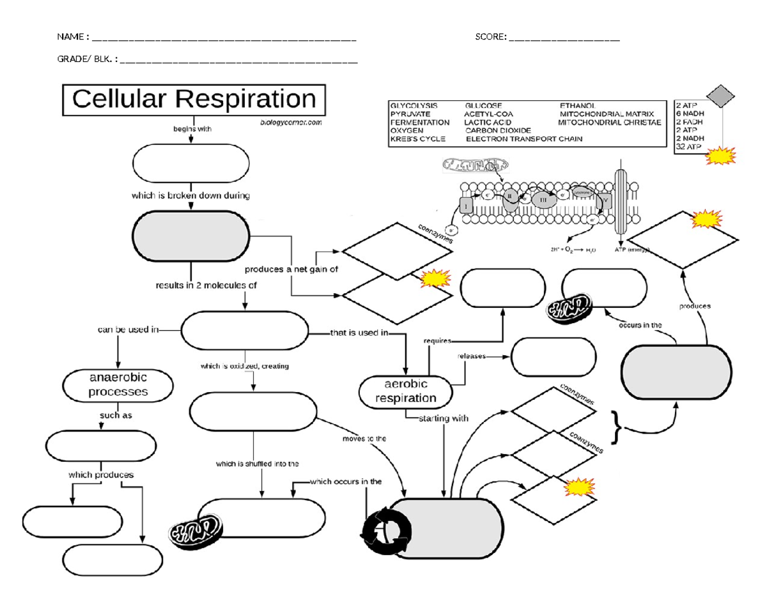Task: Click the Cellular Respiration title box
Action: click(193, 100)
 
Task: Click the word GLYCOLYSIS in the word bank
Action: click(414, 105)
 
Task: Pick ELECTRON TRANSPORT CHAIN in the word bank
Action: click(524, 139)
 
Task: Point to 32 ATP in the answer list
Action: click(688, 147)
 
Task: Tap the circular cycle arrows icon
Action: click(385, 529)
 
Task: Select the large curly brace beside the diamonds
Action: click(617, 427)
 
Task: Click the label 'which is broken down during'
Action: click(190, 196)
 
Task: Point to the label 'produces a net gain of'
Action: click(291, 269)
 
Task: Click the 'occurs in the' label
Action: click(640, 325)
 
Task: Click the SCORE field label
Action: click(491, 37)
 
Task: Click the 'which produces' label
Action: click(101, 475)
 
